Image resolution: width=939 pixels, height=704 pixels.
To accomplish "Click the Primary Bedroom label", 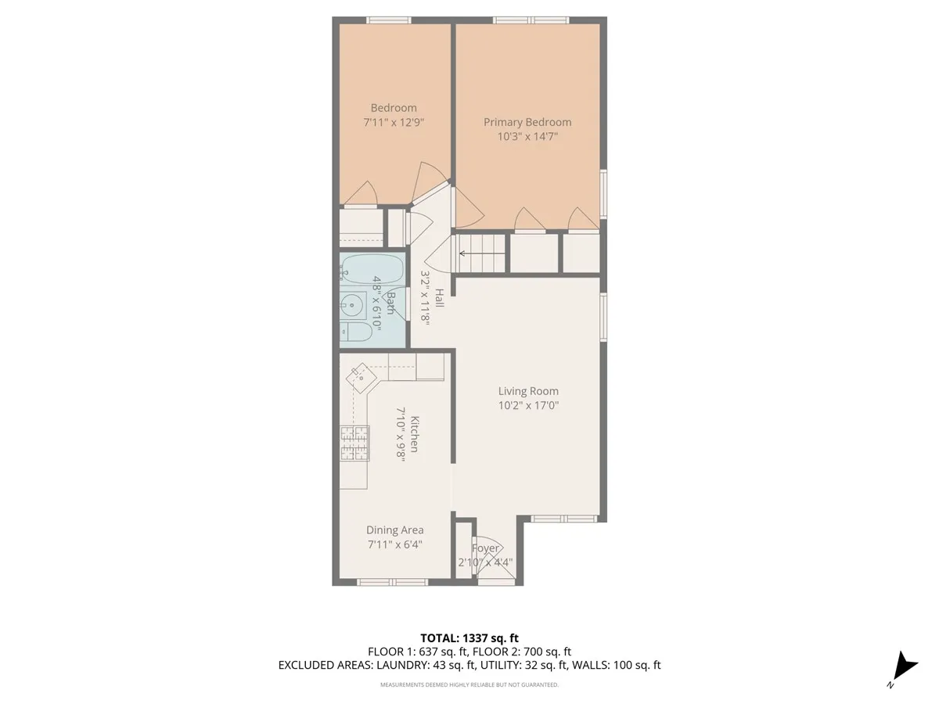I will point(527,122).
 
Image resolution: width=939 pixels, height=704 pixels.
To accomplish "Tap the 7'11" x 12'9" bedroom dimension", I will point(394,123).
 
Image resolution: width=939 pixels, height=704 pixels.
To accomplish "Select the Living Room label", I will point(528,391).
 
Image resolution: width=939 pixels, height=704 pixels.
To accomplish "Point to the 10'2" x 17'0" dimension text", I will point(528,405).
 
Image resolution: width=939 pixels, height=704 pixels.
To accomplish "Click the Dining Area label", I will point(394,530).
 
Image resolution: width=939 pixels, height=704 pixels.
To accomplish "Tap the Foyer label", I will point(485,548).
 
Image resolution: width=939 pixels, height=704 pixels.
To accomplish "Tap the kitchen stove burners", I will point(354,443).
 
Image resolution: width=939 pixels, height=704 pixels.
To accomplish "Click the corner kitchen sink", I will point(362,378).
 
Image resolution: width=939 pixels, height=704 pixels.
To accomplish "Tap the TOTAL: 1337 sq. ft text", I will point(469,638).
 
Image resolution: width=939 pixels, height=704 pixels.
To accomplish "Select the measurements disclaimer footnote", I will point(469,684).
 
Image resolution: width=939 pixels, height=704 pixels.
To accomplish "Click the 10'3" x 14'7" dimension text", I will point(527,136).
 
